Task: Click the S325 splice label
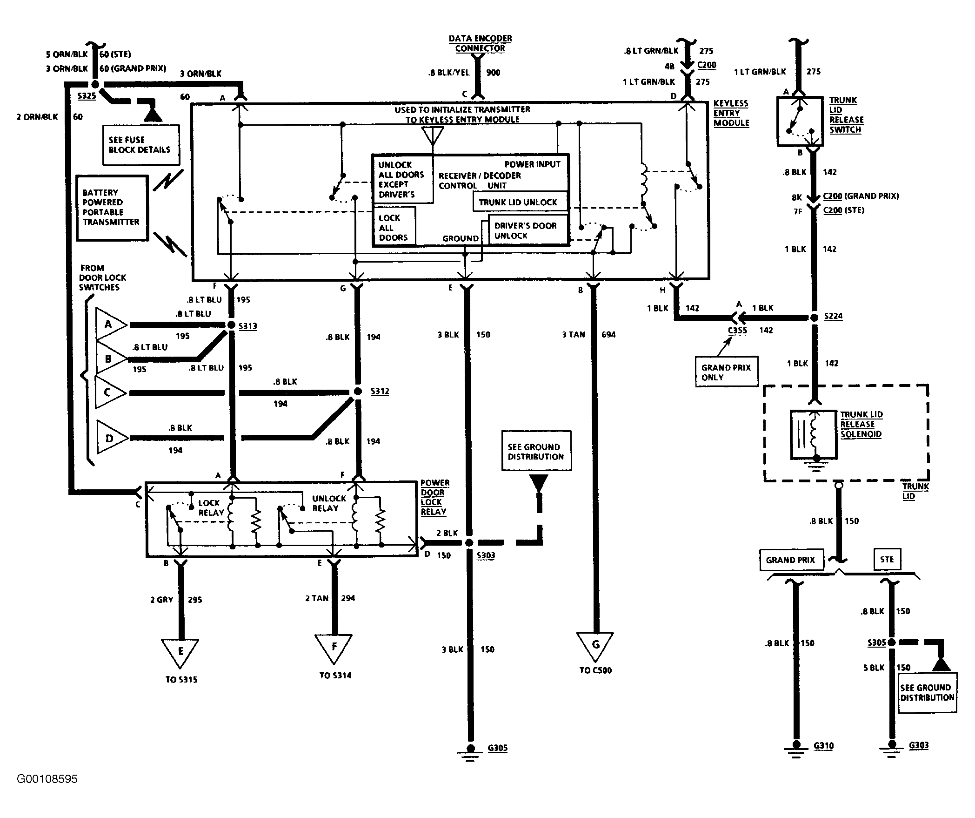point(87,96)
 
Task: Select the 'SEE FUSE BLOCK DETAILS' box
point(141,145)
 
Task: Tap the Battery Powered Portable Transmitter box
point(112,208)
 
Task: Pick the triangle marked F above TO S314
point(334,649)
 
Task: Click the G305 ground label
point(497,748)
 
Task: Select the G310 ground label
point(823,746)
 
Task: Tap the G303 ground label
point(919,745)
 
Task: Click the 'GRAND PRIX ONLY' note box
point(726,372)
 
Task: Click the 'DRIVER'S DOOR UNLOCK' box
point(528,230)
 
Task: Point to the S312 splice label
point(380,391)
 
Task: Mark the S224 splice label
point(833,316)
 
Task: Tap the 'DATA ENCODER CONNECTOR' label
point(480,43)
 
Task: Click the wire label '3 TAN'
point(573,334)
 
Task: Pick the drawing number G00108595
point(47,779)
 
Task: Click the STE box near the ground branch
point(887,559)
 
